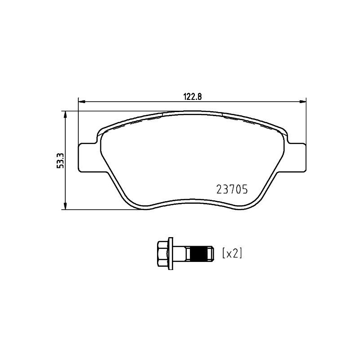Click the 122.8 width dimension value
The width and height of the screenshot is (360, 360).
(x=191, y=95)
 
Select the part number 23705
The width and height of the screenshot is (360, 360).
(x=232, y=190)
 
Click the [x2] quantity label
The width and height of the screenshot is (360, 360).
(x=232, y=253)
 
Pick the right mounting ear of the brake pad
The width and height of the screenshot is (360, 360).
(x=297, y=157)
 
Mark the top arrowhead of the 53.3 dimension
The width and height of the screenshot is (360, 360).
(x=66, y=114)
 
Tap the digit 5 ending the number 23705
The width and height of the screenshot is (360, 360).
(x=244, y=190)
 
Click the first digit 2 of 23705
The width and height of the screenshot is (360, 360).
(x=219, y=190)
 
